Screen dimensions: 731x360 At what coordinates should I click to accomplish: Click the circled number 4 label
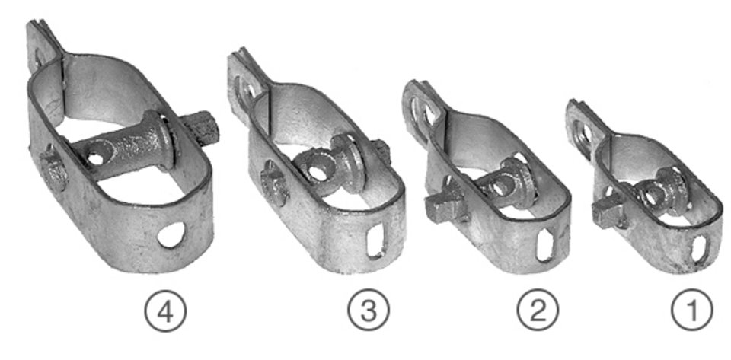tap(165, 311)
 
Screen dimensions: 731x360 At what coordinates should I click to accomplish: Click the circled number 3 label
tap(369, 311)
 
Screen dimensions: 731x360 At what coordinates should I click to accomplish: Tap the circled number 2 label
tap(538, 310)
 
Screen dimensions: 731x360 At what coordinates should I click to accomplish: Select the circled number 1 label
tap(692, 310)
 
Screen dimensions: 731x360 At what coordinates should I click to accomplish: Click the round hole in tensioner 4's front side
tap(171, 234)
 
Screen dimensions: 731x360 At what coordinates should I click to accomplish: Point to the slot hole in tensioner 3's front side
tap(375, 241)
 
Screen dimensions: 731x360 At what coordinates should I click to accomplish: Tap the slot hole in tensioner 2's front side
tap(544, 244)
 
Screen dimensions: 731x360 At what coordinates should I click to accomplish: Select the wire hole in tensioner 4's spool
tap(96, 159)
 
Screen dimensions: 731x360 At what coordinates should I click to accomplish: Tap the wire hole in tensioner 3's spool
tap(318, 174)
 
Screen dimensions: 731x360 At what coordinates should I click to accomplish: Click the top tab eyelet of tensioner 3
tap(244, 92)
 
